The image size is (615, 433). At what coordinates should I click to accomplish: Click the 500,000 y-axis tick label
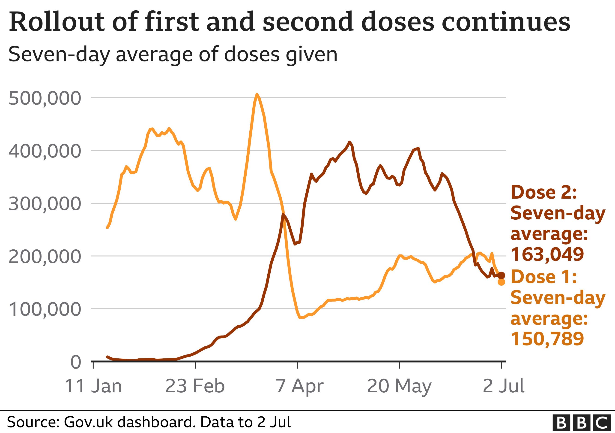[45, 98]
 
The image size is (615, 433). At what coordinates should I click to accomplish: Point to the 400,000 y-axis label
[45, 151]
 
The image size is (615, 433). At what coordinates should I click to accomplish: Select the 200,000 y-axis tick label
[45, 257]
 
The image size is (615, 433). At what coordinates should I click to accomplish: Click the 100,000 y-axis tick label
[45, 309]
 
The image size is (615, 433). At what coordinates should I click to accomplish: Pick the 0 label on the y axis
[76, 362]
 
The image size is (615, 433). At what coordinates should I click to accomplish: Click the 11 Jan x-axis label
[93, 386]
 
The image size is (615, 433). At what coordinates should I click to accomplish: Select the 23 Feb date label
[195, 386]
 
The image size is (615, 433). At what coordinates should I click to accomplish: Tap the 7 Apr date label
[299, 386]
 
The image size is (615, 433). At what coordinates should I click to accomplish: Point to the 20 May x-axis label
[399, 386]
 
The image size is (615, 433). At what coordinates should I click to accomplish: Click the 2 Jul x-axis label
[503, 386]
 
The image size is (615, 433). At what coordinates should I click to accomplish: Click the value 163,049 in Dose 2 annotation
[547, 254]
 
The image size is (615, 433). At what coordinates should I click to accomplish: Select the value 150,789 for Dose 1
[547, 339]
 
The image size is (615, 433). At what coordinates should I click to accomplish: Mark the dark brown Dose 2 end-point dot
[502, 275]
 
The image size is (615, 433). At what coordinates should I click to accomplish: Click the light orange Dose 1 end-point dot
[502, 282]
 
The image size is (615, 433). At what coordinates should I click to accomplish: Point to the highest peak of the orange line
[257, 94]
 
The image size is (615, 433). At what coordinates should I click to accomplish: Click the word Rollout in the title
[55, 22]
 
